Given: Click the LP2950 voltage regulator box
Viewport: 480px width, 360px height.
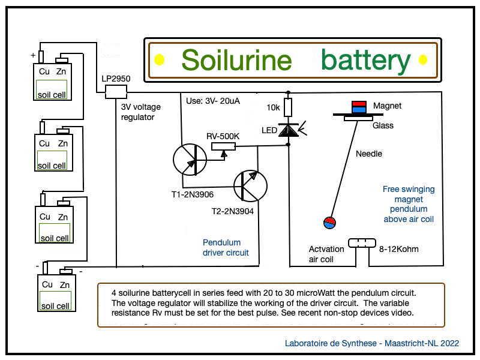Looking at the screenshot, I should tap(116, 91).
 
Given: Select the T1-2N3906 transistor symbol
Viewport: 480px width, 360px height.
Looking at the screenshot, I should tap(190, 160).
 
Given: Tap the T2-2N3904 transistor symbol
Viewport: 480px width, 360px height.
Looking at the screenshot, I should tap(250, 187).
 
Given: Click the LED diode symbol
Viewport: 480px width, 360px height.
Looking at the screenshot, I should tap(288, 130).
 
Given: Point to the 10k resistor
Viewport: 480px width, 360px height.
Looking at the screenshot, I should tap(288, 108).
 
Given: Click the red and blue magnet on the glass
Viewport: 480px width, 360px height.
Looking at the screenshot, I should tap(359, 107).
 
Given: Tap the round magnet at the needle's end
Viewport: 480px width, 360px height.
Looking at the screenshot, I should tap(329, 223).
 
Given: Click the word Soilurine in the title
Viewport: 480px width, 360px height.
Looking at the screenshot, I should tap(236, 60).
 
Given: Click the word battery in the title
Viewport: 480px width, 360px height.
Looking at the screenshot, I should tap(365, 60).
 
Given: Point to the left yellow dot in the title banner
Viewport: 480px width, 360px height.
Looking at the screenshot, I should tap(160, 59).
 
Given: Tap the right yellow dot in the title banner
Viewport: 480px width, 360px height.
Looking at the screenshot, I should tap(422, 59).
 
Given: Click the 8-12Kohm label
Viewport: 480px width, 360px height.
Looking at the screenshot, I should tap(399, 248).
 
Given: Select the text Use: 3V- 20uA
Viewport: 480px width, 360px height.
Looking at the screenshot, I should tap(213, 101).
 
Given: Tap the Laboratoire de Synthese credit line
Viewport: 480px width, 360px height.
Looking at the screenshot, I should tap(372, 343).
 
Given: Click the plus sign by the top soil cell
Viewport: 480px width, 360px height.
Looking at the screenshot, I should tap(33, 55).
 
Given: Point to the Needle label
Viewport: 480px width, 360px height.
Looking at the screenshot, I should tap(368, 154).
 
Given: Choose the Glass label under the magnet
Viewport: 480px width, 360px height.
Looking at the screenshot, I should tap(383, 125).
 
